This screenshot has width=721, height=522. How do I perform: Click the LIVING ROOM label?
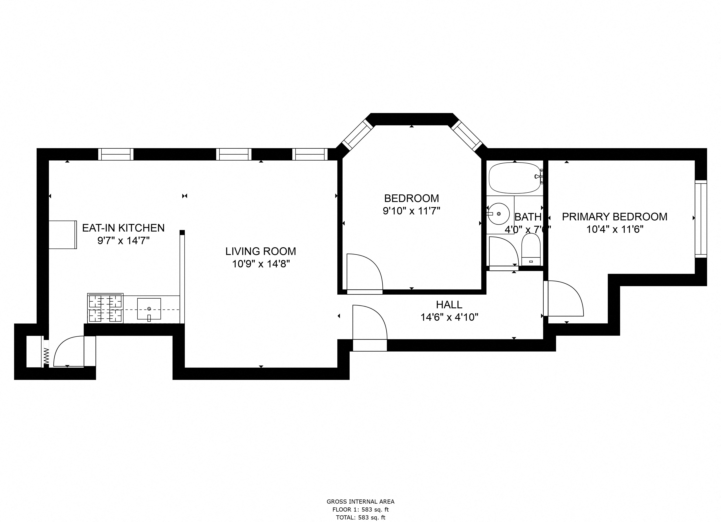click(x=261, y=251)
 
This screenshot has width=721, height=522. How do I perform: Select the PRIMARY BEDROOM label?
click(x=614, y=217)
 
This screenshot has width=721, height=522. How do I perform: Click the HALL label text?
click(x=449, y=305)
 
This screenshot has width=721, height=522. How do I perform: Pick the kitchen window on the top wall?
click(x=116, y=154)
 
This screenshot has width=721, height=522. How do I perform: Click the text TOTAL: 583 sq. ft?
click(x=361, y=517)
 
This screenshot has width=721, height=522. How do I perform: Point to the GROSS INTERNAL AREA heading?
click(x=361, y=502)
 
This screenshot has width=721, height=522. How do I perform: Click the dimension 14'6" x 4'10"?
click(x=449, y=317)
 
